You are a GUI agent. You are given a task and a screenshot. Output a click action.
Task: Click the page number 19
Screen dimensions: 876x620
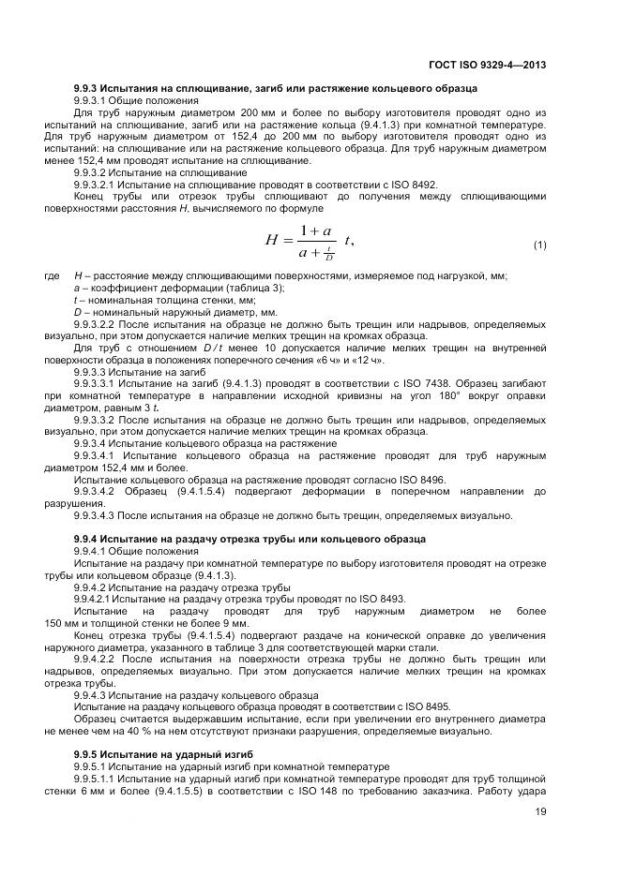tap(540, 824)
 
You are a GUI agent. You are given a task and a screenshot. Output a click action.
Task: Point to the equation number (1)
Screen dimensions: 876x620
tap(539, 245)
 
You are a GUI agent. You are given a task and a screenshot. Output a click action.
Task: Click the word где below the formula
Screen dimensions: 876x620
tap(52, 276)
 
